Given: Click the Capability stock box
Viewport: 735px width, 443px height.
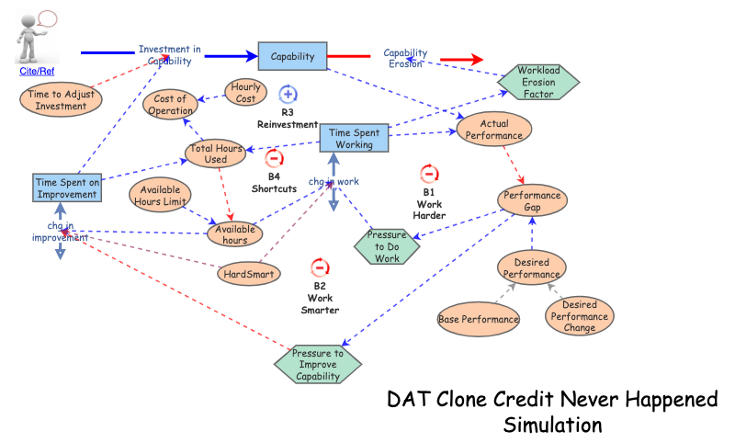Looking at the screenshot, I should (292, 56).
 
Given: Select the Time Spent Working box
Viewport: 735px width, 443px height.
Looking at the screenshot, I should (354, 139).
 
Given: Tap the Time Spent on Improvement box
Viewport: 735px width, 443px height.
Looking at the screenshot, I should (66, 187).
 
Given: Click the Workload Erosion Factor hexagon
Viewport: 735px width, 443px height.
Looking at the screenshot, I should (538, 82).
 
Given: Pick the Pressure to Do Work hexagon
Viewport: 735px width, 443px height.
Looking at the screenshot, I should (387, 246).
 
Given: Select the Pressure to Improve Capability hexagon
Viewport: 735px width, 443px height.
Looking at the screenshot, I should (318, 364).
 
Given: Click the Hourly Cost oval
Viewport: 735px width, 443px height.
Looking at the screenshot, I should (245, 92).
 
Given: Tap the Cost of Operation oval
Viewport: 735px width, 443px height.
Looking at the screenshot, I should (170, 105).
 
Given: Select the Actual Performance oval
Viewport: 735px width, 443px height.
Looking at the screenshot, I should (494, 129).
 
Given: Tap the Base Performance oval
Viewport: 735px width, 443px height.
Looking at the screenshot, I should (478, 319).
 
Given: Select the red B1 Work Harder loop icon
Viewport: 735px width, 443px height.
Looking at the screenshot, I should (429, 174).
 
